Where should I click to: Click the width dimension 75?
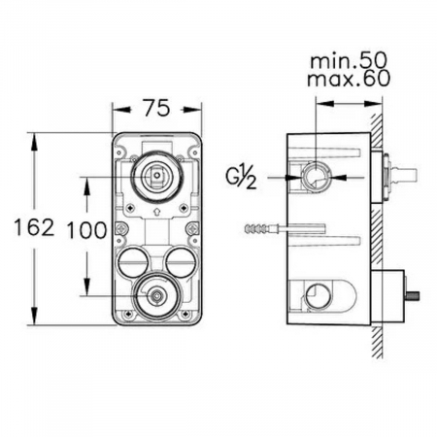157,108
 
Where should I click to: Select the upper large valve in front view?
156,175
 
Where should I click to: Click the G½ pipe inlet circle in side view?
316,178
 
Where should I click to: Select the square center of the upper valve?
156,176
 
